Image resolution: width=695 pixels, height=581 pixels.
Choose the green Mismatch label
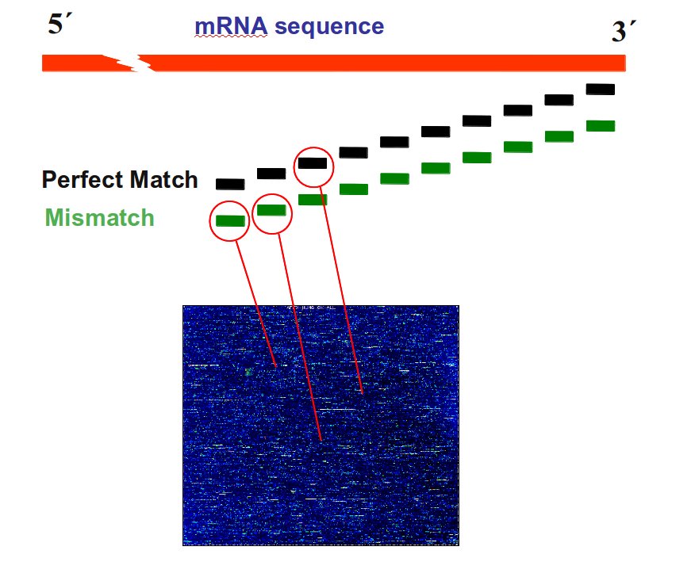tap(99, 217)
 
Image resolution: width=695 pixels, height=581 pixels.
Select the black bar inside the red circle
tap(312, 164)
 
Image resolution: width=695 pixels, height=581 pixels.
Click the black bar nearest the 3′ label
tap(601, 90)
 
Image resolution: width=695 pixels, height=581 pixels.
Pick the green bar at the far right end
tap(601, 126)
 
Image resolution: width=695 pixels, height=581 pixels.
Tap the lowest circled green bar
tap(229, 221)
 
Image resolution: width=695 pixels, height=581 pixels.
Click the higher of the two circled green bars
tap(271, 210)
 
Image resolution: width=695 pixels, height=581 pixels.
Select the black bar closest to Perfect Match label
tap(230, 184)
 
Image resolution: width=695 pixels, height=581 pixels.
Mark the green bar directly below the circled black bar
tap(313, 200)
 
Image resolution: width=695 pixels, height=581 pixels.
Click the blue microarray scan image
tap(321, 476)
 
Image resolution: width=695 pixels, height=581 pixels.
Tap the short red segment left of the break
tap(75, 63)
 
